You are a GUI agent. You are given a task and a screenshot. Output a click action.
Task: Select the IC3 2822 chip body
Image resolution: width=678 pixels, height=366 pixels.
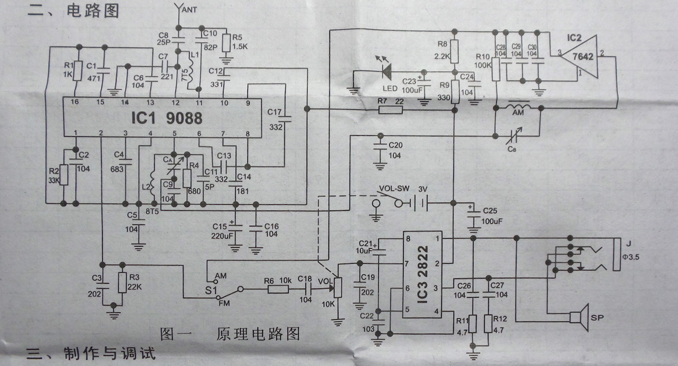(422, 274)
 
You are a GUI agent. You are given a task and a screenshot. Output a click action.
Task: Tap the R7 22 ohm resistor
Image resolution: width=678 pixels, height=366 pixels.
(391, 110)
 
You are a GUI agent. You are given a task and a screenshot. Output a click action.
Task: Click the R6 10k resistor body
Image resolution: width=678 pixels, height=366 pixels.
(278, 289)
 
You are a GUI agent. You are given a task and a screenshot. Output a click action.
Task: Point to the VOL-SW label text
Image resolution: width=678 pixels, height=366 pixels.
(392, 189)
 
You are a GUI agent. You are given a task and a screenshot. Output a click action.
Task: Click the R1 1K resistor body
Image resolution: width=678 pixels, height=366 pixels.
(78, 71)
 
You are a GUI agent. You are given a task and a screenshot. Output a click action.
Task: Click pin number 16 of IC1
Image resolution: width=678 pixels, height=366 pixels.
(75, 102)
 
